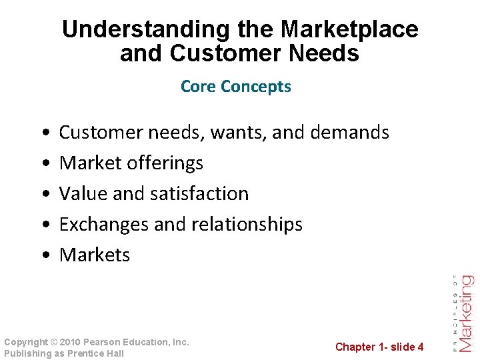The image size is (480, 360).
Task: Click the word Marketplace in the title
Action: pos(349,29)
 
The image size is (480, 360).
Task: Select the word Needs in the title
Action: pos(326,53)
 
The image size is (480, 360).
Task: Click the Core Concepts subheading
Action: pos(236,87)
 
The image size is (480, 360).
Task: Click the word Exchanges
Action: pos(104,224)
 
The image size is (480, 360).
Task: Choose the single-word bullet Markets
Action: pos(95,255)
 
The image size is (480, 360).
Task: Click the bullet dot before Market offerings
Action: pos(43,163)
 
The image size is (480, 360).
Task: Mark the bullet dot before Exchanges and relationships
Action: pos(43,225)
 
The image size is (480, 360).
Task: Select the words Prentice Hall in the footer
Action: pos(96,353)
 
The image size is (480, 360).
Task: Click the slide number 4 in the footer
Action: pos(420,347)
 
